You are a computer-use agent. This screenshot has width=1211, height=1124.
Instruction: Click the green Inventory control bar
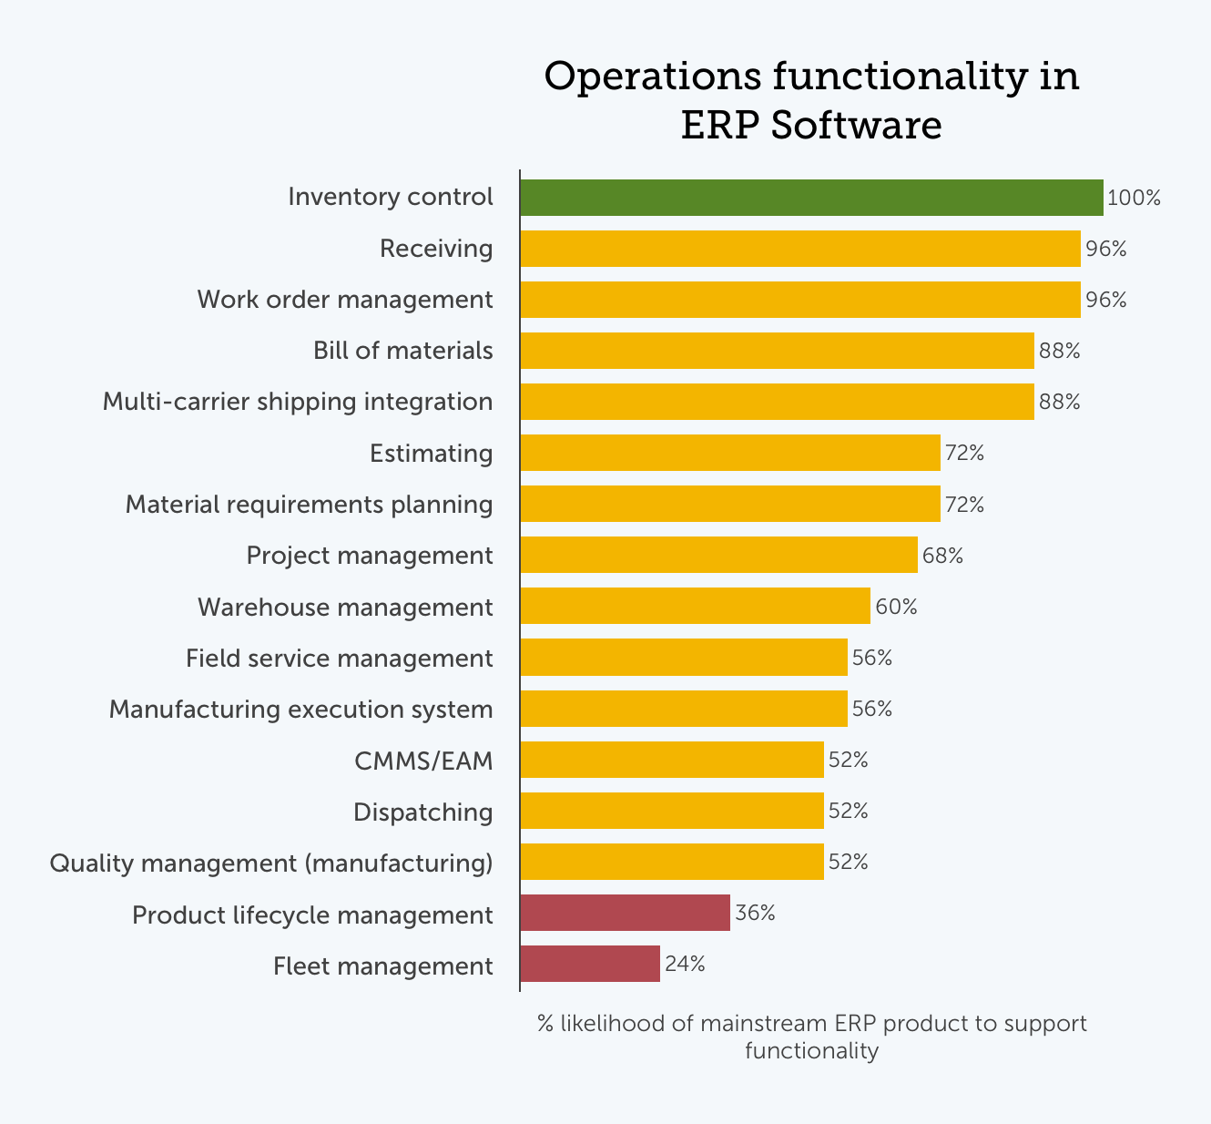pyautogui.click(x=811, y=198)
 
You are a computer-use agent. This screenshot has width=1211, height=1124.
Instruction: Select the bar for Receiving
pyautogui.click(x=800, y=249)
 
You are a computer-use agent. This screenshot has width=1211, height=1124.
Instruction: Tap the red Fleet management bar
pyautogui.click(x=590, y=964)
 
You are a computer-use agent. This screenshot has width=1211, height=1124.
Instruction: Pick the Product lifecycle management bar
pyautogui.click(x=625, y=913)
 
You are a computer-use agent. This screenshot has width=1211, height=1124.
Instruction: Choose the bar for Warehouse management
pyautogui.click(x=695, y=606)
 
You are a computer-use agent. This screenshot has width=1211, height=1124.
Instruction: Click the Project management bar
pyautogui.click(x=718, y=555)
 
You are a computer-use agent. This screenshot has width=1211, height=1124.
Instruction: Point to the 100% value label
pyautogui.click(x=1134, y=198)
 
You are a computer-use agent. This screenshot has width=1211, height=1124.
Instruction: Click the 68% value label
pyautogui.click(x=942, y=556)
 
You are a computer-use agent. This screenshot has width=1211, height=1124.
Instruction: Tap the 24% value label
pyautogui.click(x=685, y=964)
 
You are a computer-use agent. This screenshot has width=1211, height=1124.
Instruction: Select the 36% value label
pyautogui.click(x=755, y=913)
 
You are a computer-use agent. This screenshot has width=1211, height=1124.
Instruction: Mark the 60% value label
pyautogui.click(x=896, y=607)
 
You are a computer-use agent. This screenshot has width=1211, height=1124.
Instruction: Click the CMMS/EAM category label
pyautogui.click(x=423, y=761)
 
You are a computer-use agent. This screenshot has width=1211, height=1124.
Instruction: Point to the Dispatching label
pyautogui.click(x=423, y=812)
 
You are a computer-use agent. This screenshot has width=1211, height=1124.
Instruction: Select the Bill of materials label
pyautogui.click(x=402, y=351)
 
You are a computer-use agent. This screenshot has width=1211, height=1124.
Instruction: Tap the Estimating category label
pyautogui.click(x=431, y=453)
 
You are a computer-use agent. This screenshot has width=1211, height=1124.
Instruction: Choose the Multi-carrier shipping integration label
pyautogui.click(x=298, y=402)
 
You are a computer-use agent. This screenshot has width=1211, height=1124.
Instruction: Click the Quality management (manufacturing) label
pyautogui.click(x=271, y=863)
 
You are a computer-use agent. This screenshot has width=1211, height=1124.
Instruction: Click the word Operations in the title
pyautogui.click(x=652, y=77)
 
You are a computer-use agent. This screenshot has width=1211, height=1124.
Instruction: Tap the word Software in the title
pyautogui.click(x=856, y=126)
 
